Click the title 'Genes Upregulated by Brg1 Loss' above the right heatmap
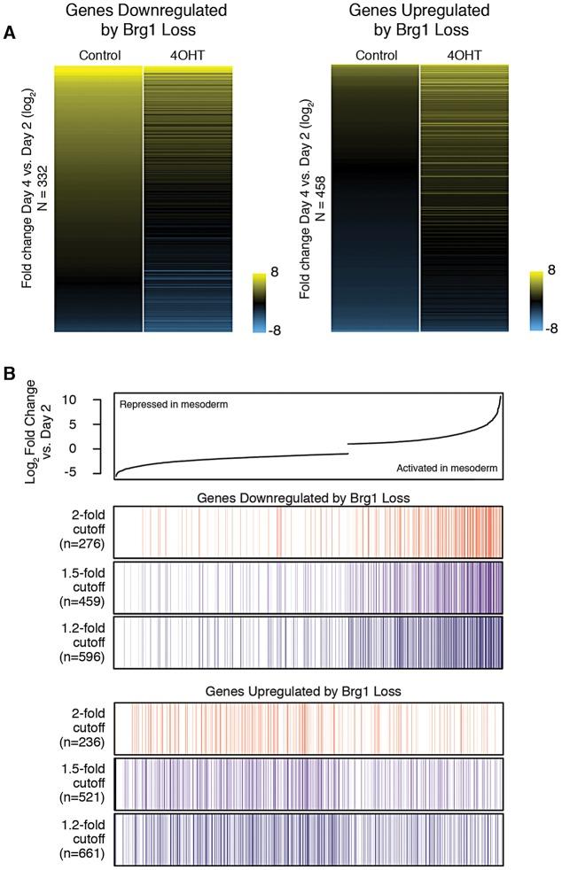(x=420, y=20)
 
